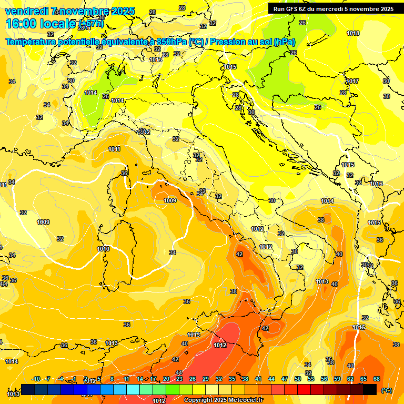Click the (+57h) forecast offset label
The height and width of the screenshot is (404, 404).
pyautogui.click(x=91, y=24)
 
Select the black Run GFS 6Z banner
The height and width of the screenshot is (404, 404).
pyautogui.click(x=334, y=9)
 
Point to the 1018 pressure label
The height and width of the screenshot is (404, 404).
pyautogui.click(x=353, y=33)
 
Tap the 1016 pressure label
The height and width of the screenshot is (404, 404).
pyautogui.click(x=376, y=184)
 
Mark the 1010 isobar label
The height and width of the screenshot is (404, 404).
pyautogui.click(x=103, y=249)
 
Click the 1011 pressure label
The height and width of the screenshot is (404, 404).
pyautogui.click(x=114, y=149)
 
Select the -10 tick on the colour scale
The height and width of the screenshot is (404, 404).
pyautogui.click(x=36, y=379)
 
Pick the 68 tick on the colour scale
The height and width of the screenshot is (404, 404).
pyautogui.click(x=377, y=379)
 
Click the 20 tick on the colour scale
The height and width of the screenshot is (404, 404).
pyautogui.click(x=166, y=379)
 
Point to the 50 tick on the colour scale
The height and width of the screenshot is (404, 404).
pyautogui.click(x=298, y=379)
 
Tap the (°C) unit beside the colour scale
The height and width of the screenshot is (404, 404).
pyautogui.click(x=387, y=390)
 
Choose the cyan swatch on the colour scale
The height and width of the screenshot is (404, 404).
pyautogui.click(x=133, y=389)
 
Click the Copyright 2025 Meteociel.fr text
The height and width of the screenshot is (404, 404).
pyautogui.click(x=224, y=400)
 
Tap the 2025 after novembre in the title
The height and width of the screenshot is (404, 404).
pyautogui.click(x=123, y=11)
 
